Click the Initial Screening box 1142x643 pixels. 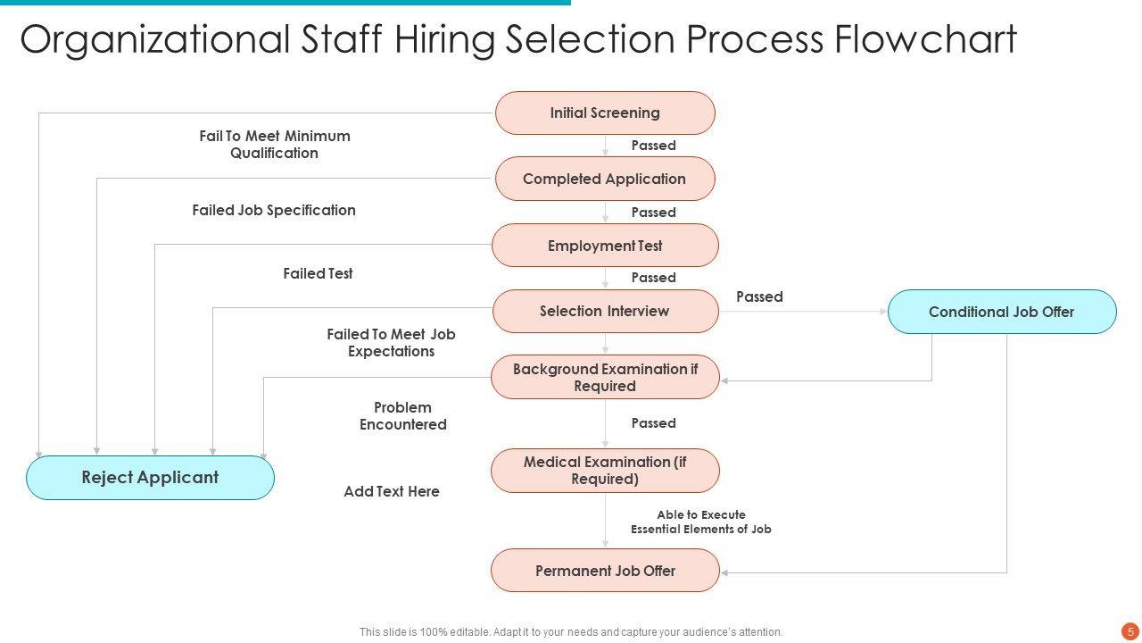click(605, 113)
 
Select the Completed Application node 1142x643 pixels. click(605, 179)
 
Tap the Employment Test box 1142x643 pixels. click(605, 246)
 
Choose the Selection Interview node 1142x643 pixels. click(605, 312)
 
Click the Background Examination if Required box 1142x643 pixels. click(605, 378)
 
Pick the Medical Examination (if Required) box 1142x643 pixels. click(605, 471)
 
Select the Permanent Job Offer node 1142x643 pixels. click(605, 571)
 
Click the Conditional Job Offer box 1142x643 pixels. click(1001, 312)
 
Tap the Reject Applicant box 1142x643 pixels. click(150, 478)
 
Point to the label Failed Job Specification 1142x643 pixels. click(274, 211)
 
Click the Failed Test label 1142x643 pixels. click(318, 274)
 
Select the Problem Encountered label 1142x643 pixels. click(402, 416)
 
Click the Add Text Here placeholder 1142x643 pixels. click(392, 492)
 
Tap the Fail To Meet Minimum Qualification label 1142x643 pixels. click(274, 145)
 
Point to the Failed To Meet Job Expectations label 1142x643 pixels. click(391, 343)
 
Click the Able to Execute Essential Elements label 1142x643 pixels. click(700, 522)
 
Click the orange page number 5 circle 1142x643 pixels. click(1130, 630)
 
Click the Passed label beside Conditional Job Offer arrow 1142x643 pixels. click(759, 297)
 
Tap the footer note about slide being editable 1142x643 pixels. click(571, 632)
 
